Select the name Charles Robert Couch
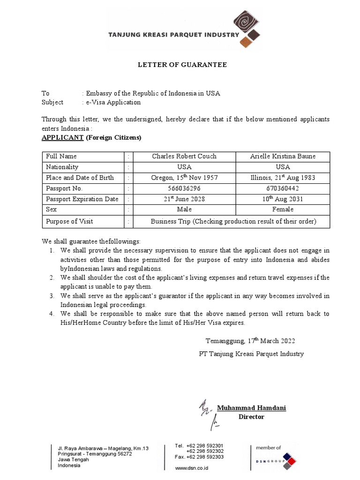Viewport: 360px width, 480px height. pyautogui.click(x=184, y=156)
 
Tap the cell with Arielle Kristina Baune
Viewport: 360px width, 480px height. pyautogui.click(x=283, y=156)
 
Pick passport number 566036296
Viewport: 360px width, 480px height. pyautogui.click(x=184, y=188)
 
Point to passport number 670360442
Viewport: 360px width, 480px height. pyautogui.click(x=283, y=188)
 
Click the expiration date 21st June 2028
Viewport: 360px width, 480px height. pyautogui.click(x=184, y=199)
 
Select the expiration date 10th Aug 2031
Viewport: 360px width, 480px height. pyautogui.click(x=283, y=199)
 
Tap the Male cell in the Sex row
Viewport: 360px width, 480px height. pyautogui.click(x=184, y=210)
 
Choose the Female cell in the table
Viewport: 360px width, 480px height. pyautogui.click(x=283, y=210)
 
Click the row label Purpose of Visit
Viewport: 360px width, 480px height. pyautogui.click(x=69, y=221)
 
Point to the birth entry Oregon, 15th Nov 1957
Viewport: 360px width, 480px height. pyautogui.click(x=184, y=177)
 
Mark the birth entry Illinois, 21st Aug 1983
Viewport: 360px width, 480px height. pyautogui.click(x=283, y=177)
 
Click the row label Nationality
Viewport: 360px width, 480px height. pyautogui.click(x=62, y=167)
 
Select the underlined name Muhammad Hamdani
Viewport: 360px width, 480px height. pyautogui.click(x=251, y=408)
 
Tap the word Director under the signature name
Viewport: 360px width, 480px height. pyautogui.click(x=251, y=417)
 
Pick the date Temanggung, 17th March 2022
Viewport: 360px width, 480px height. pyautogui.click(x=251, y=341)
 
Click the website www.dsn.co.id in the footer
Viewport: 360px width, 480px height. pyautogui.click(x=191, y=468)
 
